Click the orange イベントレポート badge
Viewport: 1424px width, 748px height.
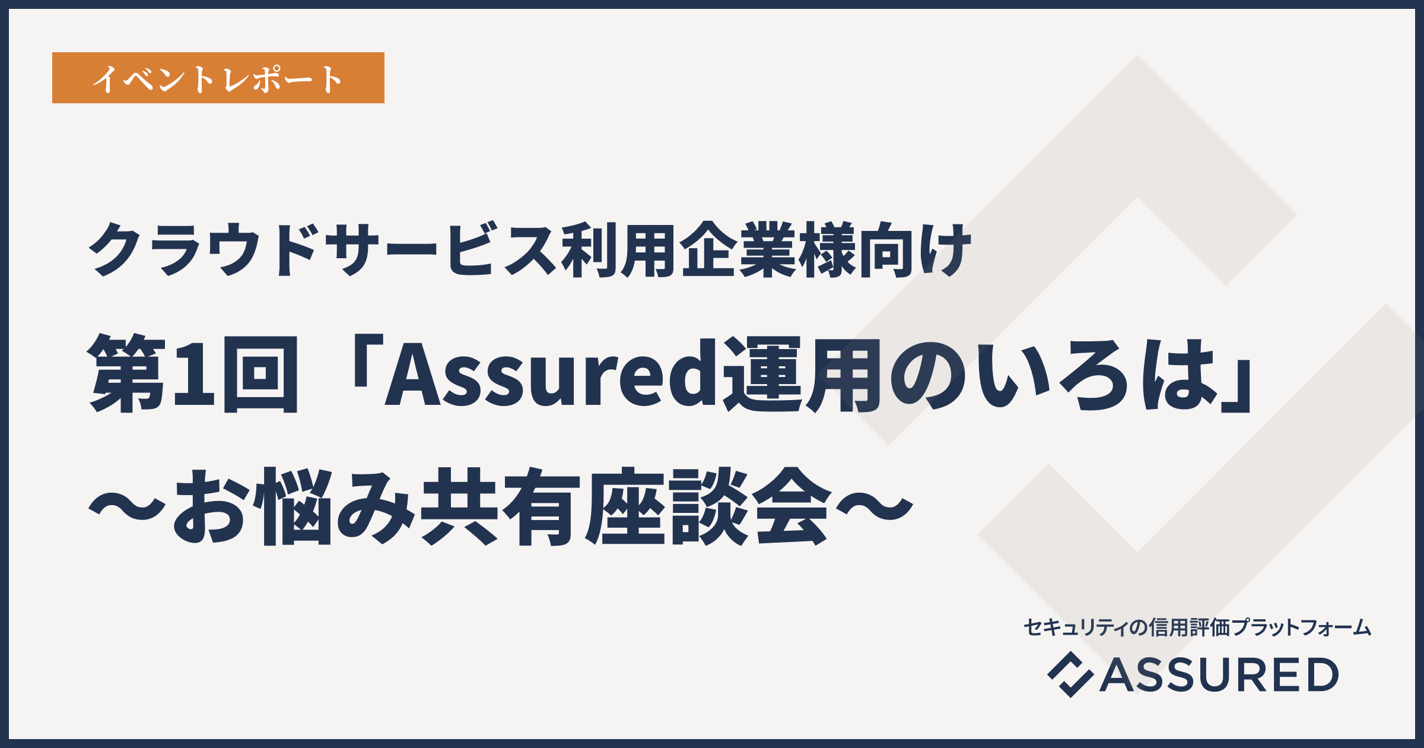coord(218,78)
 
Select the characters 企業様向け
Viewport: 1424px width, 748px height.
coord(827,250)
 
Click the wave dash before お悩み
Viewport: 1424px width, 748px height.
coord(126,507)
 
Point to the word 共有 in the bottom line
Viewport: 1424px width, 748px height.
coord(501,506)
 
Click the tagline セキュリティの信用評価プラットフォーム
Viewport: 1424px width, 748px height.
coord(1197,627)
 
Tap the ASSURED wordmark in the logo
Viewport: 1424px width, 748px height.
coord(1219,675)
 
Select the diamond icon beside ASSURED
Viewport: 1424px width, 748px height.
coord(1070,674)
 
